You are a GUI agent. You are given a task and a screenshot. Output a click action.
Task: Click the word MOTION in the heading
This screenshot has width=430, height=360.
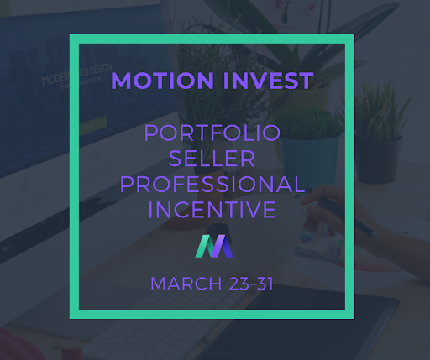click(162, 81)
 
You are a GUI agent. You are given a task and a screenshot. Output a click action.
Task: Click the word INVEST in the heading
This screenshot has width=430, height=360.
click(268, 81)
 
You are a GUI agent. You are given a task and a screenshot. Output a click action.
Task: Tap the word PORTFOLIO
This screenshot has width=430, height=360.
click(212, 133)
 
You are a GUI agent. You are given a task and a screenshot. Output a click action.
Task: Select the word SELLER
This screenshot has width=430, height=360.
click(212, 159)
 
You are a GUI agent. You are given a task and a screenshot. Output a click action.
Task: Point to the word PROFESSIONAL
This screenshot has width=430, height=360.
click(212, 184)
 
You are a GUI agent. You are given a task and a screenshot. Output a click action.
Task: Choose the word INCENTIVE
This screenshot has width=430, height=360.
click(212, 210)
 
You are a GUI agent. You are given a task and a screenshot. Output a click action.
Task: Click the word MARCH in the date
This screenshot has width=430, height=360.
click(186, 284)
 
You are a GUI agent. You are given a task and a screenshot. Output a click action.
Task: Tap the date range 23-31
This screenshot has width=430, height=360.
click(251, 284)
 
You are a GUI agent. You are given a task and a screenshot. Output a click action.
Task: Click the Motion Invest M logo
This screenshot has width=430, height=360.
click(214, 246)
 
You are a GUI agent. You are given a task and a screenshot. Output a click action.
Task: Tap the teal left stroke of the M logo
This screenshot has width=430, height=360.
click(205, 246)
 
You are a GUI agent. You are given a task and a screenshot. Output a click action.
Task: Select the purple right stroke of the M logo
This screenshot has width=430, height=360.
click(223, 246)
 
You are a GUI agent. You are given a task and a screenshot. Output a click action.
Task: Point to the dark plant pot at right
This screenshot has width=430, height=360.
click(380, 159)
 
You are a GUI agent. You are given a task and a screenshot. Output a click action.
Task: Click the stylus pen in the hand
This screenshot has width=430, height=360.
click(346, 216)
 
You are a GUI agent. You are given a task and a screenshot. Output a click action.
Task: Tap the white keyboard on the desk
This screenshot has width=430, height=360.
click(157, 321)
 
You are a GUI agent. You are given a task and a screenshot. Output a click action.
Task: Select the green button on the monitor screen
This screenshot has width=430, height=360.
click(94, 125)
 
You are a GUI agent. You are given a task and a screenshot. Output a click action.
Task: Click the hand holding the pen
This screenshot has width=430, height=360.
click(336, 212)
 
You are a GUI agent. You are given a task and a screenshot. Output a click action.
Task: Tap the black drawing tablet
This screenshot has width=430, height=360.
click(304, 327)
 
